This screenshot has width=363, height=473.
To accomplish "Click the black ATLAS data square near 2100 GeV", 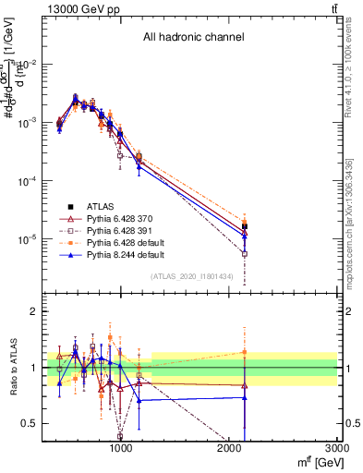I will (x=245, y=225).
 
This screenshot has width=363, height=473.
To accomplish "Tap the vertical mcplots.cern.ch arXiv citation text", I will (x=356, y=212).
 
